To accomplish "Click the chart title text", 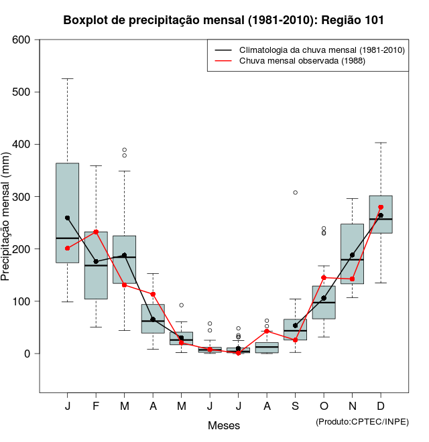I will (x=223, y=19).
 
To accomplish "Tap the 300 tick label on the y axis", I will (x=21, y=197).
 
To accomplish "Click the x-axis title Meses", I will (x=223, y=425).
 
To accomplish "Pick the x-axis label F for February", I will (x=96, y=407).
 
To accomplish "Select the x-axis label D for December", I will (x=381, y=407).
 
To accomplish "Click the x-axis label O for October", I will (x=324, y=407).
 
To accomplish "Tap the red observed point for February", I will (x=96, y=232).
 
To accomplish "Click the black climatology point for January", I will (x=67, y=218).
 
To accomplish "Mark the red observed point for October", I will (x=324, y=277).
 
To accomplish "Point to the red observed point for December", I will (x=381, y=207).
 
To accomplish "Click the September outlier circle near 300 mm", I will (x=295, y=192).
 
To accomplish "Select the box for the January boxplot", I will (x=67, y=201).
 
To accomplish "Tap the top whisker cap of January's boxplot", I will (x=67, y=78).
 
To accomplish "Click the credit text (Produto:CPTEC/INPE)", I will (x=362, y=421).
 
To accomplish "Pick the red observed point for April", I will (x=153, y=294).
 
